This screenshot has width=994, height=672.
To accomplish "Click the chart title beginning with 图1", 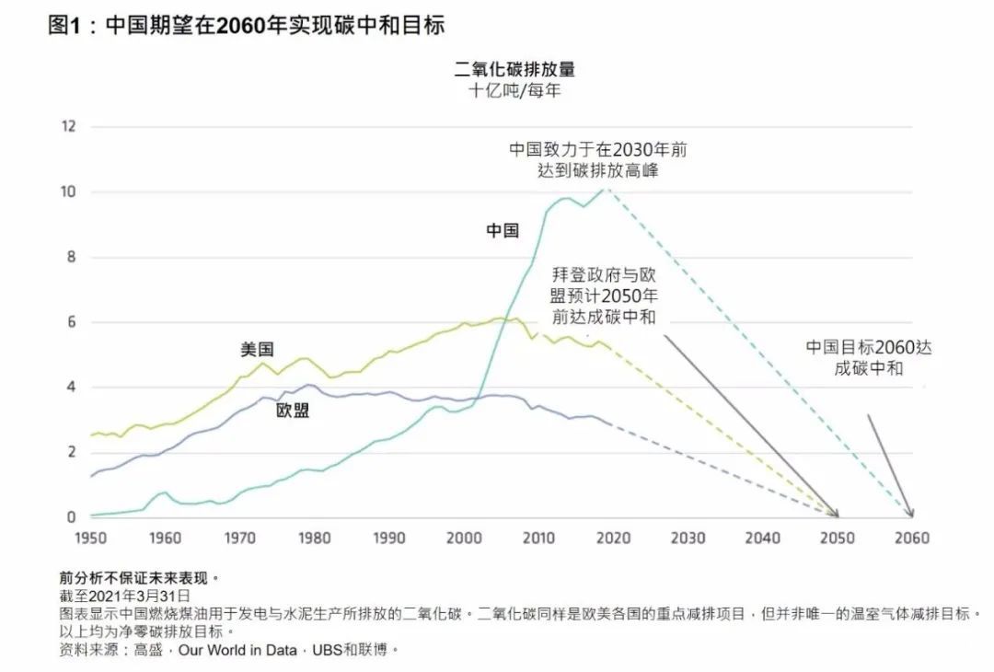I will (x=247, y=26).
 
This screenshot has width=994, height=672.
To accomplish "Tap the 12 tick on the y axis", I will (x=67, y=126).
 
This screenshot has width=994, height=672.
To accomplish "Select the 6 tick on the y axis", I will (x=69, y=322).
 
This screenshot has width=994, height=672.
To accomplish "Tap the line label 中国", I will (x=503, y=231).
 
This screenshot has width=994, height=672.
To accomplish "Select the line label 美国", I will (x=257, y=350).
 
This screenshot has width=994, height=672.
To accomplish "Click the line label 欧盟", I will (x=293, y=411).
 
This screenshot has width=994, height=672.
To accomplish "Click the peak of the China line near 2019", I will (x=604, y=189).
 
